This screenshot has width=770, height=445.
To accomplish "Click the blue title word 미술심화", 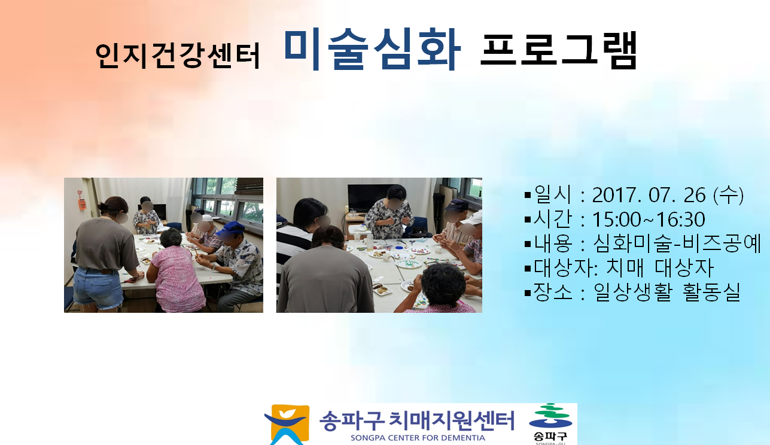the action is click(372, 50).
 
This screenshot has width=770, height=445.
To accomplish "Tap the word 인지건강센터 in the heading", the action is click(177, 56).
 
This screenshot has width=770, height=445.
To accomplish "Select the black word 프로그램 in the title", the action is click(559, 50).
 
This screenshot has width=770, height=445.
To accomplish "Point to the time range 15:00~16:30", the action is click(649, 220).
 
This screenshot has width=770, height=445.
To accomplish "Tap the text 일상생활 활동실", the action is click(667, 292).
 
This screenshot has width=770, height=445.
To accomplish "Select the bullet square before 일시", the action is click(528, 196).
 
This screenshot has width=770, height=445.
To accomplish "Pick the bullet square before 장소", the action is click(528, 293).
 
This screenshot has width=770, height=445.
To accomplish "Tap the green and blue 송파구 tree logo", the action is click(550, 416).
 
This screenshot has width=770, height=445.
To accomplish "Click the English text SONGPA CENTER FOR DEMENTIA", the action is click(418, 438).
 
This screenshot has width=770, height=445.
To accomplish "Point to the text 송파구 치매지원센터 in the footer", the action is click(416, 420).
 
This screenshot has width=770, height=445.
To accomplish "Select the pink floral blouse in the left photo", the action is click(176, 278).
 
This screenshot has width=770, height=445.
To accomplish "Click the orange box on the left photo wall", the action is click(82, 204).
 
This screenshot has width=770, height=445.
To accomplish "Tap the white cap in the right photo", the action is click(474, 218).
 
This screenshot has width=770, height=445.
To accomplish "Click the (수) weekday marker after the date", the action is click(728, 195).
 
